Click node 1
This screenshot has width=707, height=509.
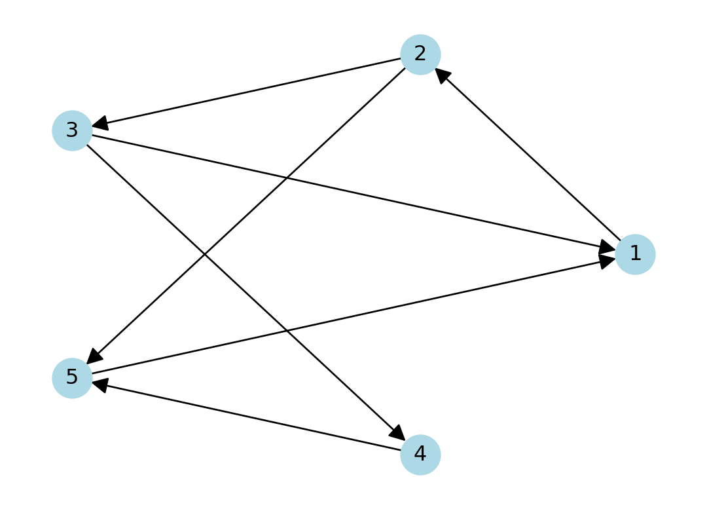click(x=635, y=254)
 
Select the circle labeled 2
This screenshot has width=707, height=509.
click(x=420, y=54)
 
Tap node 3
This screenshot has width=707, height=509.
click(x=72, y=130)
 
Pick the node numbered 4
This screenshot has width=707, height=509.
click(x=420, y=454)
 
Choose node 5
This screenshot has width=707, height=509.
click(x=72, y=378)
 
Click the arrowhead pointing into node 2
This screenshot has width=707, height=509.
click(x=442, y=75)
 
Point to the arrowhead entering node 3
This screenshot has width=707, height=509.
click(x=100, y=124)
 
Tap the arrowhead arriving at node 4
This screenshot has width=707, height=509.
click(x=398, y=434)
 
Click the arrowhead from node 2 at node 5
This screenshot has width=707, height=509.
click(x=94, y=357)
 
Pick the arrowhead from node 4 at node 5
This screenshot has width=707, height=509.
click(x=100, y=384)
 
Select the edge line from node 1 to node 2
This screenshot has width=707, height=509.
click(x=530, y=157)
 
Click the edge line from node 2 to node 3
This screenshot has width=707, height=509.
click(x=249, y=92)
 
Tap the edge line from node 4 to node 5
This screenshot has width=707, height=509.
click(x=249, y=417)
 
